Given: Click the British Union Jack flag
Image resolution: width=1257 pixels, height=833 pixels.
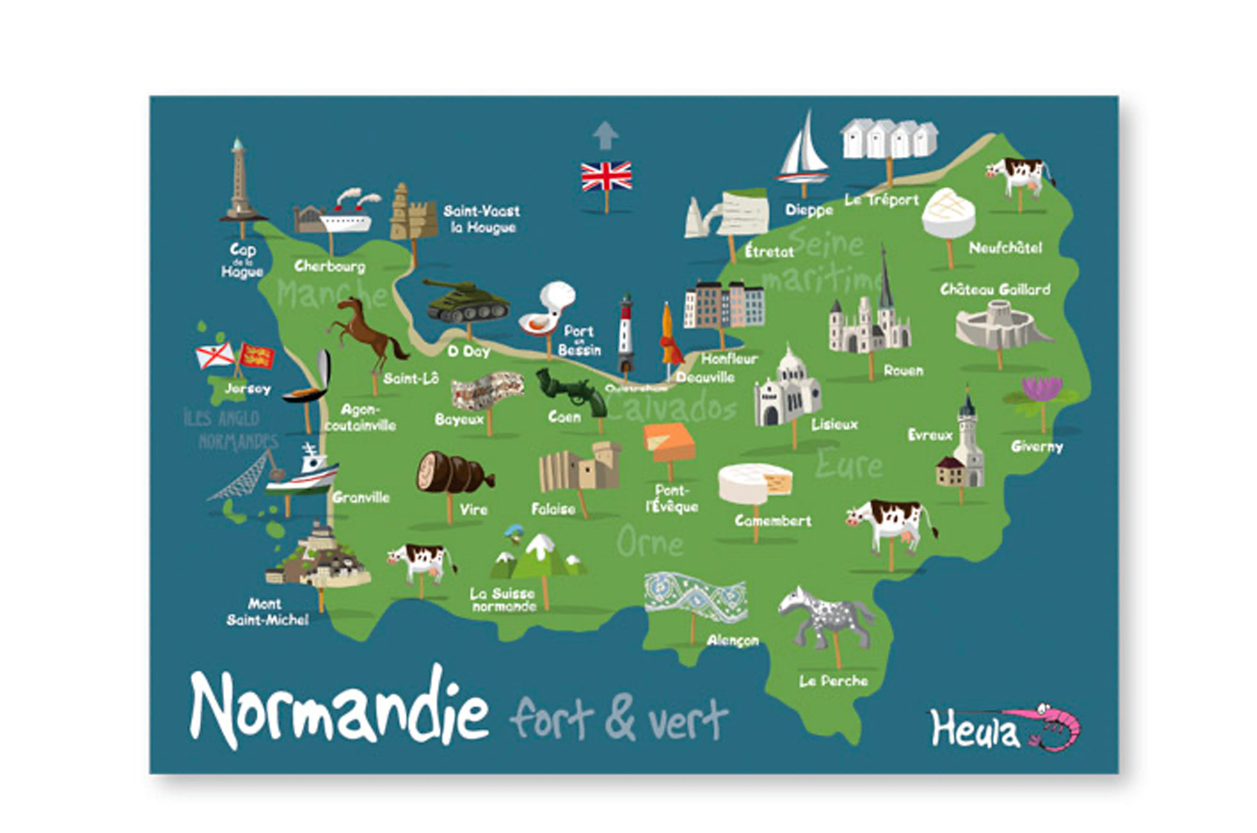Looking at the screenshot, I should click(606, 176).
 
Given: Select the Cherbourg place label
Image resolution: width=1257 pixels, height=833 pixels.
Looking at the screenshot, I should click(330, 266).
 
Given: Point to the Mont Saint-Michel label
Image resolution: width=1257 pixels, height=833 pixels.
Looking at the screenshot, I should click(267, 611).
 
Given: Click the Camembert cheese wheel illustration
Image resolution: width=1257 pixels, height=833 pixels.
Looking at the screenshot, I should click(755, 483).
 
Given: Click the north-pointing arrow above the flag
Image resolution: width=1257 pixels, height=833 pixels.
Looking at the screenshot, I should click(605, 135).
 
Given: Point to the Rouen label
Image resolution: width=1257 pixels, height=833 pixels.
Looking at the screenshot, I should click(903, 371).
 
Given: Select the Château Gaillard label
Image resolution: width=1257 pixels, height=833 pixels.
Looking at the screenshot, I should click(995, 290).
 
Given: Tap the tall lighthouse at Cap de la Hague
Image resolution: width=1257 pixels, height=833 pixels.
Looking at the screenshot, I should click(238, 181).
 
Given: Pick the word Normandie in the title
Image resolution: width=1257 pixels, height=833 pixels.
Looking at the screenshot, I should click(338, 709).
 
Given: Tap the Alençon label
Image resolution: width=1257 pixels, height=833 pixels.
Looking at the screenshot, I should click(732, 640).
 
